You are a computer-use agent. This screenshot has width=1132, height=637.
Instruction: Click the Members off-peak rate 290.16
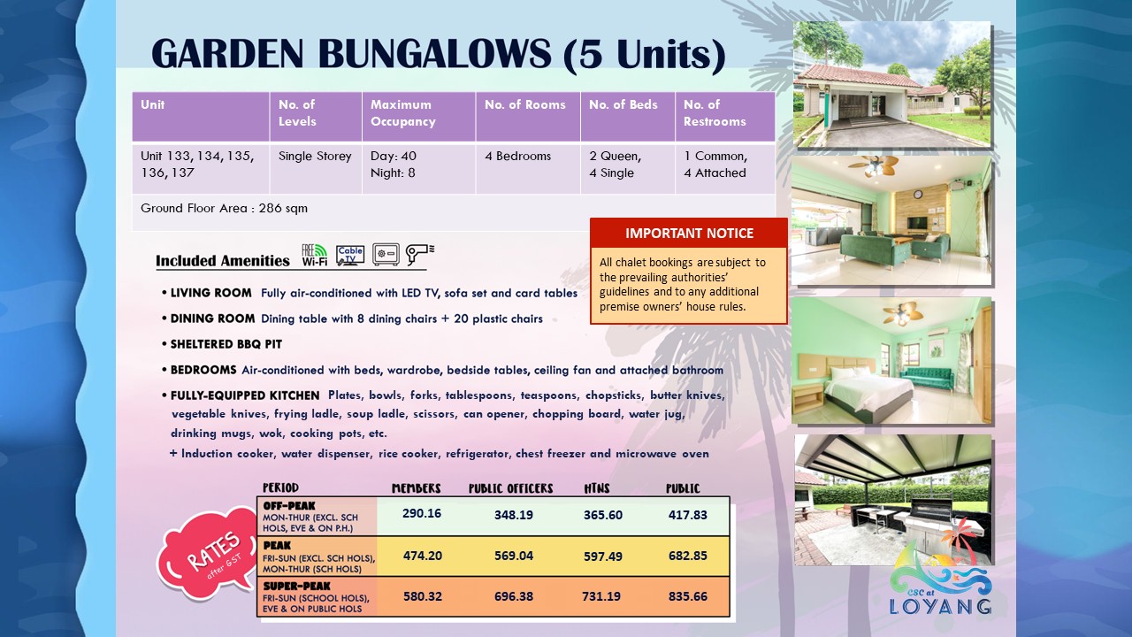tap(422, 513)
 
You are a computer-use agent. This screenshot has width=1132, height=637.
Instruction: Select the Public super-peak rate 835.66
tap(687, 596)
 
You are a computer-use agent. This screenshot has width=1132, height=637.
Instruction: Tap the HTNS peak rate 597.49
tap(603, 556)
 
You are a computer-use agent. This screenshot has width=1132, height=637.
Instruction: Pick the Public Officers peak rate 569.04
tap(514, 556)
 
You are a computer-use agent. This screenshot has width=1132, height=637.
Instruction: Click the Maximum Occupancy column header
tap(402, 112)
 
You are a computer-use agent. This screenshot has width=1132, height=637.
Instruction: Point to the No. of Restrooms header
tap(715, 112)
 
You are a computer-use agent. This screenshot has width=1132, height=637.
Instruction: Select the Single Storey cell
tap(315, 157)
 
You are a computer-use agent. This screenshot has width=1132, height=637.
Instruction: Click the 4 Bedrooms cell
tap(517, 157)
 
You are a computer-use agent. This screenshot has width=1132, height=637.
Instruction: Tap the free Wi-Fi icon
tap(314, 255)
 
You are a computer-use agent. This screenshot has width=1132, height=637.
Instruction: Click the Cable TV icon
tap(350, 256)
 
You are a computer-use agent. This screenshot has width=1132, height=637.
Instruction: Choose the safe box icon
tap(386, 254)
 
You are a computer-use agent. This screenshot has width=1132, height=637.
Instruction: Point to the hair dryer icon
tap(419, 254)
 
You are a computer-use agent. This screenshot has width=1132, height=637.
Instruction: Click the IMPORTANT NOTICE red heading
tap(689, 233)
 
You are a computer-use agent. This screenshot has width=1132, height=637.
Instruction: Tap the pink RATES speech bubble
tap(208, 555)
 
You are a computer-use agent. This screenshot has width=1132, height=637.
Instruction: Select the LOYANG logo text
tap(940, 606)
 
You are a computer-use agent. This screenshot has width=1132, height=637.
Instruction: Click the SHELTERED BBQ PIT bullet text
tap(226, 344)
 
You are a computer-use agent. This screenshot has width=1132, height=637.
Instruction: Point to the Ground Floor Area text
tap(224, 208)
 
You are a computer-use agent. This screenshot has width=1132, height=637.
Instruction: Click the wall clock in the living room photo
tap(918, 195)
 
